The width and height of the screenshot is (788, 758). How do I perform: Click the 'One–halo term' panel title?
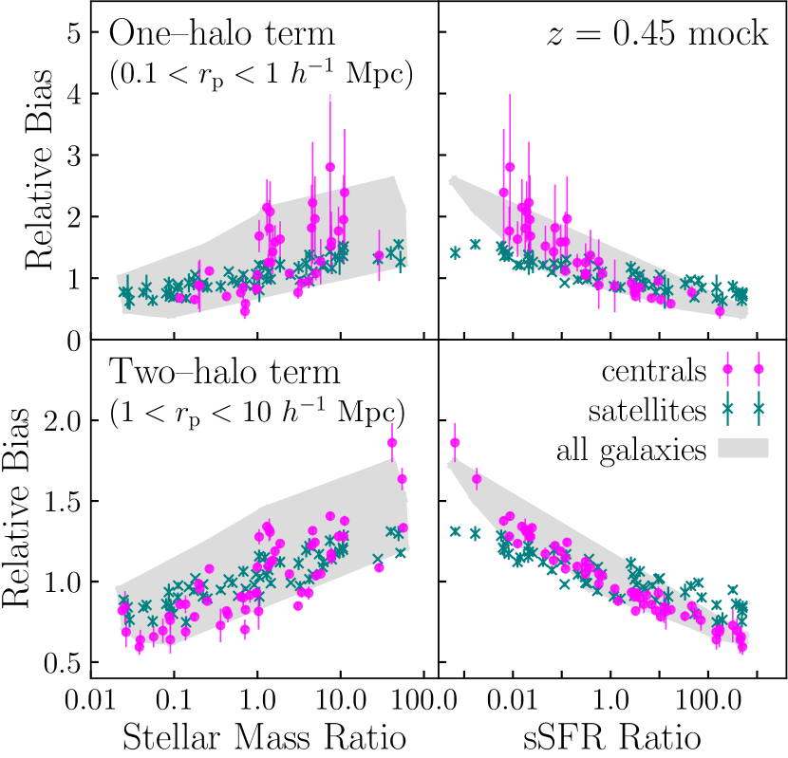(223, 34)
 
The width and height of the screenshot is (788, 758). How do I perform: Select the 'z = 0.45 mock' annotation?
(659, 34)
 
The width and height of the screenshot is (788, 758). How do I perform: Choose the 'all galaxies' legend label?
(632, 449)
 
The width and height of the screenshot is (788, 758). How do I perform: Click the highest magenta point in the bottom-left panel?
(392, 442)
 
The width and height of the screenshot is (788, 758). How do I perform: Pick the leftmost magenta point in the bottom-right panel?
(455, 443)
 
